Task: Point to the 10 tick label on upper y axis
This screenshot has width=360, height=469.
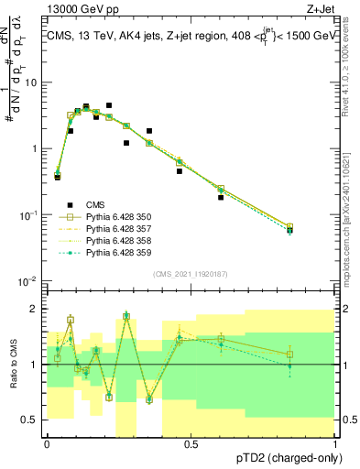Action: click(32, 82)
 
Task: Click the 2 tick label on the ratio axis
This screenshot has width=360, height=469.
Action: click(35, 309)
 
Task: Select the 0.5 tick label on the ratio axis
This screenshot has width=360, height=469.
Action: click(29, 420)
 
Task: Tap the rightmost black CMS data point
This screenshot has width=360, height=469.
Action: click(315, 231)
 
